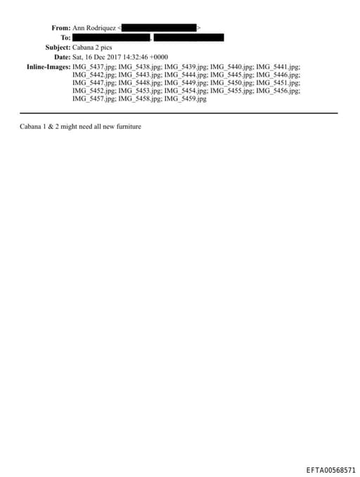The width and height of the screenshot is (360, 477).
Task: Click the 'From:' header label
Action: point(60,27)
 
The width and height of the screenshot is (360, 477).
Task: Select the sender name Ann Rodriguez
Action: point(94,27)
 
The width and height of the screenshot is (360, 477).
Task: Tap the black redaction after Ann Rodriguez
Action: point(159,27)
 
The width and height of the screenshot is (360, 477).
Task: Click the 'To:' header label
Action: point(65,37)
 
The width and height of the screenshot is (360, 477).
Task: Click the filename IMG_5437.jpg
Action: point(94,67)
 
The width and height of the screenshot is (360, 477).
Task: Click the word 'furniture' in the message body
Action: point(127,127)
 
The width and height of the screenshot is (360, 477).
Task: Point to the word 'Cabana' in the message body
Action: point(31,127)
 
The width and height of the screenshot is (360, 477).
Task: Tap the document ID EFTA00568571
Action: point(330,469)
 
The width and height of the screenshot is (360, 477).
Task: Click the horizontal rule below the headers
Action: point(179,113)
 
